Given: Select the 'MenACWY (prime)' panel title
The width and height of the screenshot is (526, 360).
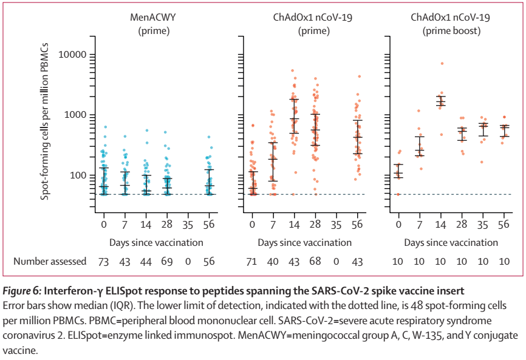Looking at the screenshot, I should [150, 24].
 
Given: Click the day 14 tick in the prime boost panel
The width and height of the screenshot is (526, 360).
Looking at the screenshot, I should [442, 223].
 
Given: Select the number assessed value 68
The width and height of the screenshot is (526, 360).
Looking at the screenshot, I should [315, 261].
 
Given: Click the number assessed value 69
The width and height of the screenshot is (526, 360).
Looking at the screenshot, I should [167, 261].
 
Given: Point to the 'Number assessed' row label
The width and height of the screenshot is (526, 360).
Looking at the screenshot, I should [50, 261].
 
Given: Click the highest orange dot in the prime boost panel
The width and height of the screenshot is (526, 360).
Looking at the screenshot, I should [442, 63].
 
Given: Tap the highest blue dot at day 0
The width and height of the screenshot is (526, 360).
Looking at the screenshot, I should [105, 127].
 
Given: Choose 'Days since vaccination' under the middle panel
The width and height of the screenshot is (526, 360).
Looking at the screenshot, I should [304, 242].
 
